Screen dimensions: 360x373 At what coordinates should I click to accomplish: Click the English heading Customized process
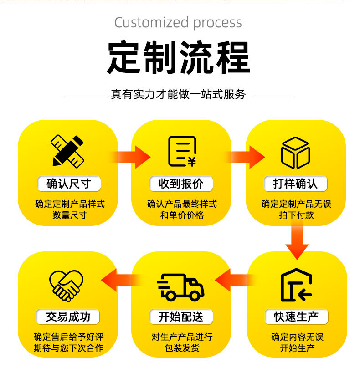pyautogui.click(x=178, y=23)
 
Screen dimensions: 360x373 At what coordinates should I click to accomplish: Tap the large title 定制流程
pyautogui.click(x=179, y=58)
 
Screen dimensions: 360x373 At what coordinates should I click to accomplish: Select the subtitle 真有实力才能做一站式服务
pyautogui.click(x=179, y=94)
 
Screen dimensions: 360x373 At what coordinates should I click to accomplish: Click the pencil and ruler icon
pyautogui.click(x=68, y=150)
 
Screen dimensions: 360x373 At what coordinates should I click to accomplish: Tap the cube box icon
pyautogui.click(x=295, y=152)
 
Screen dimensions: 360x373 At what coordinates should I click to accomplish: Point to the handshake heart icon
pyautogui.click(x=67, y=286)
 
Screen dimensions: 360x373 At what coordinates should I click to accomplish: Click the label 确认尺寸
pyautogui.click(x=68, y=184)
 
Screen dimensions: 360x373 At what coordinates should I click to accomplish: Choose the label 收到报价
pyautogui.click(x=181, y=184)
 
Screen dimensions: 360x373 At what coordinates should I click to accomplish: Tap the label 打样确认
pyautogui.click(x=295, y=184)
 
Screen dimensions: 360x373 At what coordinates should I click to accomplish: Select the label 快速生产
pyautogui.click(x=296, y=317)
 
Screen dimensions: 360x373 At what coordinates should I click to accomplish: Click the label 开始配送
pyautogui.click(x=181, y=317)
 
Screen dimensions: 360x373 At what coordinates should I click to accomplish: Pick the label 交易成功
pyautogui.click(x=68, y=317)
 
